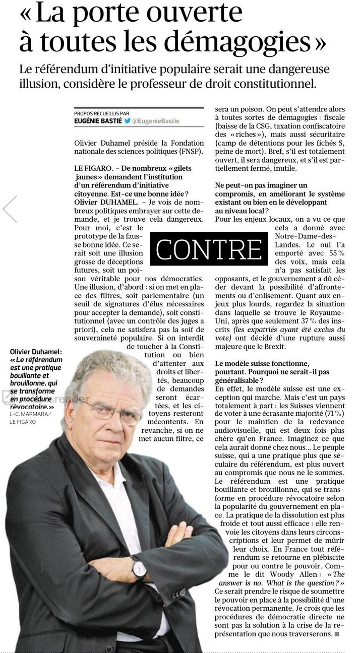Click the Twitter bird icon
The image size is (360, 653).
(128, 121)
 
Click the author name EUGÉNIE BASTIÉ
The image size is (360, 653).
(97, 121)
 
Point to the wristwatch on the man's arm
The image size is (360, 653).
(139, 568)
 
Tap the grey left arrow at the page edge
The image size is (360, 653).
(10, 209)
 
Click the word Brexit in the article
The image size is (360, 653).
(275, 347)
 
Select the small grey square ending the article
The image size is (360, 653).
(337, 634)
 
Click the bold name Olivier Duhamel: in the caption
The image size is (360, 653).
(36, 352)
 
